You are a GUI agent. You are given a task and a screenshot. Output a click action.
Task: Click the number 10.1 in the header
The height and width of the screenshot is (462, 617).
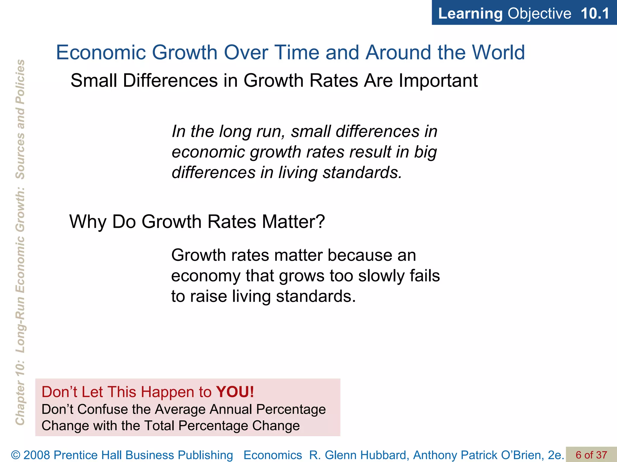[595, 14]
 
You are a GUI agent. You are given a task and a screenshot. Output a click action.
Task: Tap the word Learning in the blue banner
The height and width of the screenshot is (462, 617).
[470, 14]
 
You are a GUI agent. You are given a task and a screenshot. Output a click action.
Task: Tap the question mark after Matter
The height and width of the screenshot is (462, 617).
[320, 222]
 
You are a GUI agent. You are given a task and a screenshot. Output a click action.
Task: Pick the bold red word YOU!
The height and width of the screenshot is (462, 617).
[235, 392]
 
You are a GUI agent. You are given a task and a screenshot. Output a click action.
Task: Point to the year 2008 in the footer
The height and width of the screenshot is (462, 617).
[37, 455]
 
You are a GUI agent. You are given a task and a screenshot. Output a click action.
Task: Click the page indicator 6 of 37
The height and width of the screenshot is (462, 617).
[591, 455]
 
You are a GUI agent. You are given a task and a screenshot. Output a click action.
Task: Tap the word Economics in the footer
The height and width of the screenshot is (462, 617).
[273, 455]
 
